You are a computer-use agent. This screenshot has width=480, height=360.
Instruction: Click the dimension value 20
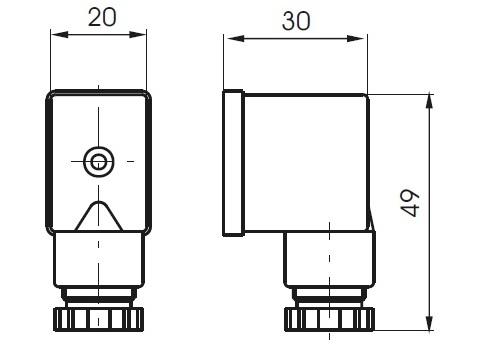(x=102, y=17)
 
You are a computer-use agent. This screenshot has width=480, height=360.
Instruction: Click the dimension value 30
(x=296, y=21)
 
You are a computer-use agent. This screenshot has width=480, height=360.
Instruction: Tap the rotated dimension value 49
(x=410, y=203)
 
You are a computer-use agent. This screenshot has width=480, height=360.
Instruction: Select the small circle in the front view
(x=99, y=162)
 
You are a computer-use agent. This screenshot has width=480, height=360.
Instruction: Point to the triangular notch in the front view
(x=99, y=216)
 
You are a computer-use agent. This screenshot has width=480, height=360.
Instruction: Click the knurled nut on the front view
(x=99, y=319)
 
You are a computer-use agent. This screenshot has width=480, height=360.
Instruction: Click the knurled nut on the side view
(x=330, y=319)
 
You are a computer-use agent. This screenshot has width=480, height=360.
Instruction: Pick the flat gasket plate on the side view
(x=233, y=163)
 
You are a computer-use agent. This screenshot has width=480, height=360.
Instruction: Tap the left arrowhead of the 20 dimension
(x=60, y=34)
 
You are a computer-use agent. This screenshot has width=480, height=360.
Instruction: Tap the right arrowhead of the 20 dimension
(x=138, y=34)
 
